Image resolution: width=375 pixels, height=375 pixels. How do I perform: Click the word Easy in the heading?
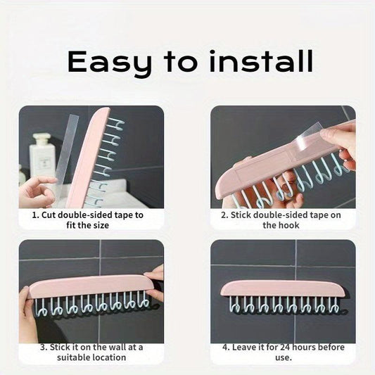[109, 63]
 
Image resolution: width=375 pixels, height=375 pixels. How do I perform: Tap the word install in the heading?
[261, 61]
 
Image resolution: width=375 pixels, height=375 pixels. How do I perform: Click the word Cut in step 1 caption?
[49, 215]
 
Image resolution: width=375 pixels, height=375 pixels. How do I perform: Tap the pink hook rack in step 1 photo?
[88, 158]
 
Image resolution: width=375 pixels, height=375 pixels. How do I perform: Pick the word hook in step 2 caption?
[290, 225]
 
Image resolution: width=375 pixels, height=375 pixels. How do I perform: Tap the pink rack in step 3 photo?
[91, 286]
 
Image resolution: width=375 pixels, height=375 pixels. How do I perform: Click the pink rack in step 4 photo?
[283, 288]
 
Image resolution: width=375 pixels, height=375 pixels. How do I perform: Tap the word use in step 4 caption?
[283, 358]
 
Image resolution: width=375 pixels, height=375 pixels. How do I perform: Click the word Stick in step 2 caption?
[241, 215]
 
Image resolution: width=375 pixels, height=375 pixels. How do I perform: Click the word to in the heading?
[181, 61]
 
